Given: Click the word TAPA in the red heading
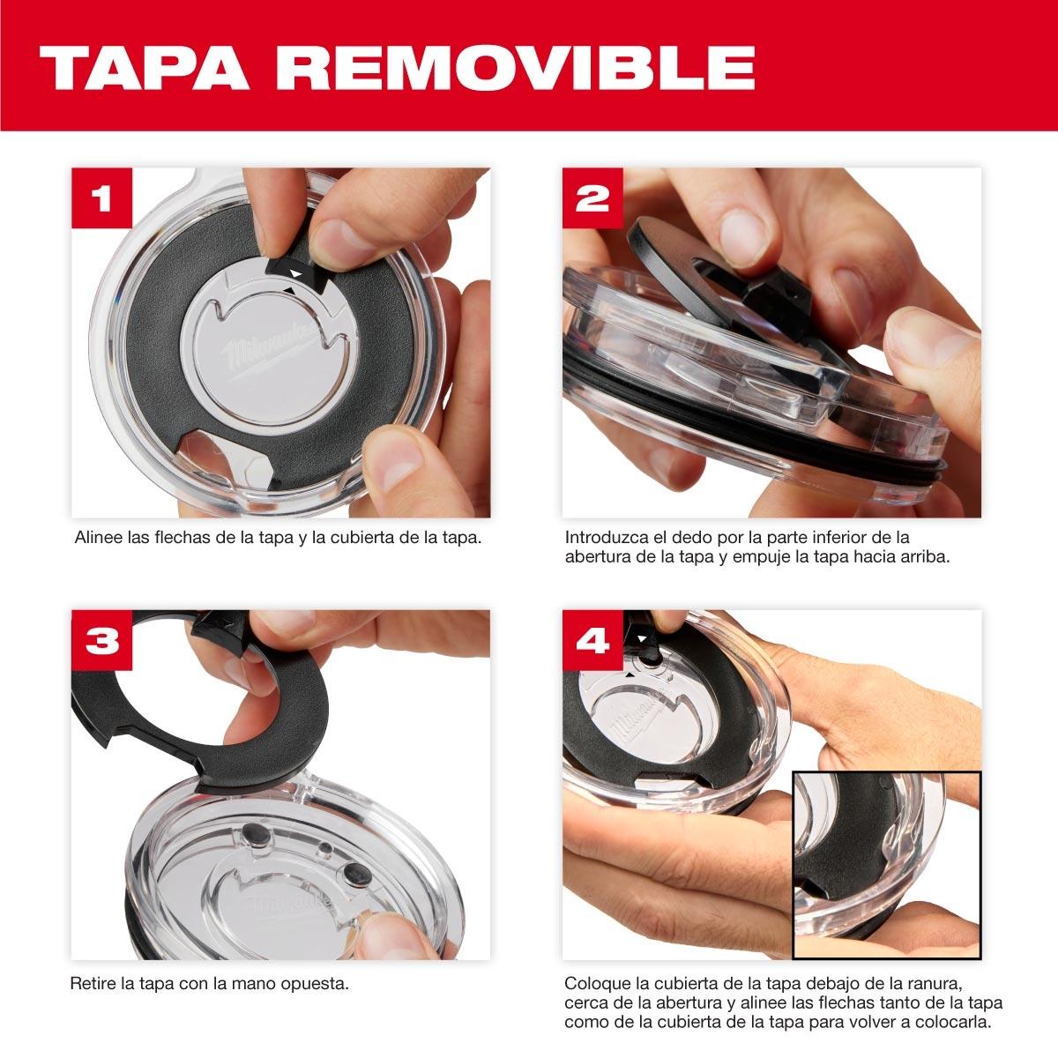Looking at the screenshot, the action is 145,68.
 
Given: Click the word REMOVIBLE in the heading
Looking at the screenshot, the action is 516,68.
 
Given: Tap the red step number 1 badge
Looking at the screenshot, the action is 102,198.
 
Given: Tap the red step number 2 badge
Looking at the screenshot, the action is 592,198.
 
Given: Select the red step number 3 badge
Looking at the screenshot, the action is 102,640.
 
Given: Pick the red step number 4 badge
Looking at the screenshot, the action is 592,640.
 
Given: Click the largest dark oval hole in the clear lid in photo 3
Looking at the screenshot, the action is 357,874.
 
